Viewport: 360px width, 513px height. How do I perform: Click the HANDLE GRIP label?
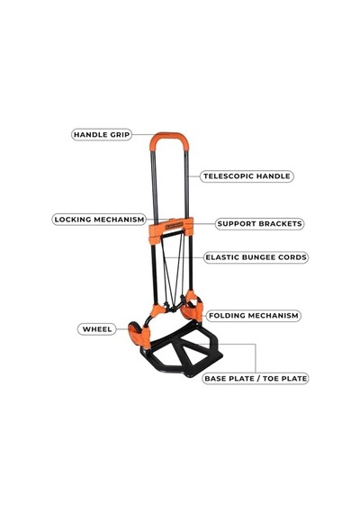[102, 134]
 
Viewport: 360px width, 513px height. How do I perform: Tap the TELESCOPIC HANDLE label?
[247, 176]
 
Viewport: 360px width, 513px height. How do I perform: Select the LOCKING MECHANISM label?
[99, 220]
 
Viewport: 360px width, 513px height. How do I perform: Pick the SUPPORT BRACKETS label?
[259, 224]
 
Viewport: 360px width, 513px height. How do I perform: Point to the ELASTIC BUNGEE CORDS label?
[256, 257]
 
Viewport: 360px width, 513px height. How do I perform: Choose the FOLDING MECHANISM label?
[254, 316]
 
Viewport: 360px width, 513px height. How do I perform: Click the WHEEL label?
[97, 329]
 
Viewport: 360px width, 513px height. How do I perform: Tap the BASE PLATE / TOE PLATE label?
[256, 379]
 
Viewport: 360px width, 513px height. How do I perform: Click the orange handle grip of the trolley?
[169, 138]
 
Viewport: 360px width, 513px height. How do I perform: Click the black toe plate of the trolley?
[184, 352]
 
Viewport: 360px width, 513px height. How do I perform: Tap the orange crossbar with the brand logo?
[171, 227]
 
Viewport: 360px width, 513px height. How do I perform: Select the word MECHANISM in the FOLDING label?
[277, 316]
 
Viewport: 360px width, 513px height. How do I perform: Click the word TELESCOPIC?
[229, 176]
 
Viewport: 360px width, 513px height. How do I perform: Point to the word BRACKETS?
[280, 224]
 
